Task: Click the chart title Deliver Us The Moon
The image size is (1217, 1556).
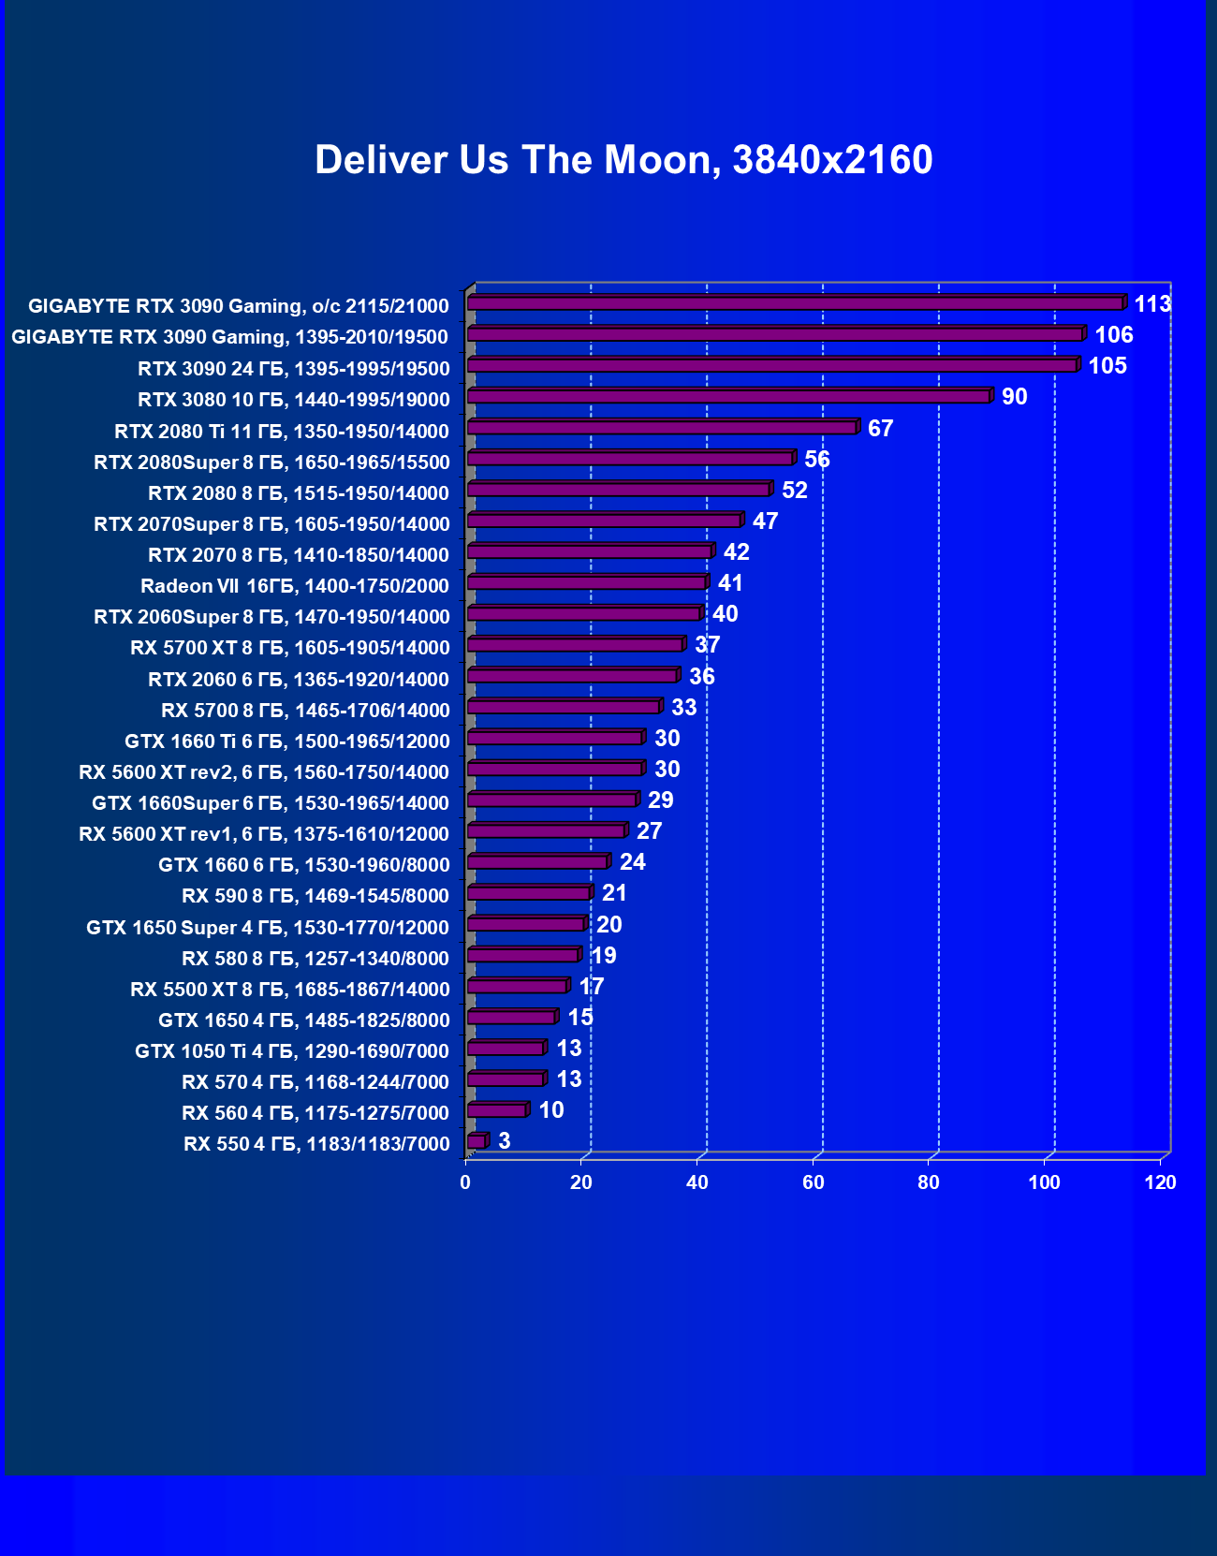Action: tap(623, 160)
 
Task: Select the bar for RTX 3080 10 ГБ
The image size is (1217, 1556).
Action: tap(728, 397)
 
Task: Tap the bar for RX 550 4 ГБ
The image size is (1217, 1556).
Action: tap(477, 1141)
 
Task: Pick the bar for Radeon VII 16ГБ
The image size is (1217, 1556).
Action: tap(586, 583)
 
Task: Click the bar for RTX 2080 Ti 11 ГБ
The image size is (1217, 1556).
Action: tap(662, 428)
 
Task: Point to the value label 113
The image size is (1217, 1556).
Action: tap(1152, 304)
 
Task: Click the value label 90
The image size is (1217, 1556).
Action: tap(1014, 397)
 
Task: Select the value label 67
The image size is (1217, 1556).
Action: tap(880, 429)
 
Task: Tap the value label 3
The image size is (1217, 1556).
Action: tap(504, 1140)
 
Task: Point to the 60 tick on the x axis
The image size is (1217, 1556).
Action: tap(813, 1182)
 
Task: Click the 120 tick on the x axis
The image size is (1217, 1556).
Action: tap(1160, 1182)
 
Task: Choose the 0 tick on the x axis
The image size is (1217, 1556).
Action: tap(465, 1182)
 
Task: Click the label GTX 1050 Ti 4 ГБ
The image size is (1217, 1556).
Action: tap(292, 1051)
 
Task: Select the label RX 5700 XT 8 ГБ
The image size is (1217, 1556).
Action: tap(290, 648)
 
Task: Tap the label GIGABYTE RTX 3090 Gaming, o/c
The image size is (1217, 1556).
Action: tap(239, 306)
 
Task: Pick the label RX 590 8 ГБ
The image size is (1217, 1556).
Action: tap(315, 896)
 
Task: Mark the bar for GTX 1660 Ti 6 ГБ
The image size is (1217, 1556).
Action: tap(554, 738)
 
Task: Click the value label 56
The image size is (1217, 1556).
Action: tap(816, 460)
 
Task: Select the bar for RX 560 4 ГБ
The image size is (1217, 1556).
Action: tap(497, 1110)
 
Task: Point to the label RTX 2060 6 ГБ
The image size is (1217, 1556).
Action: tap(299, 680)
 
